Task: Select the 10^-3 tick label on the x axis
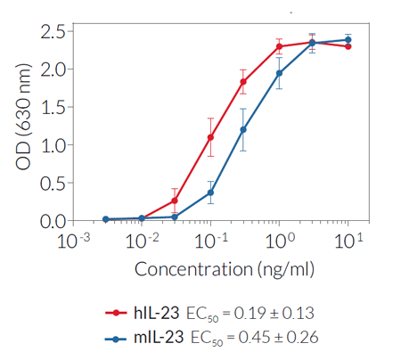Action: pos(72,240)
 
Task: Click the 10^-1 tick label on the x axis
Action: pos(211,240)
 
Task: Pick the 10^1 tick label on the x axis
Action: pos(348,240)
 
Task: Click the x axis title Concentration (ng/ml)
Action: pos(210,268)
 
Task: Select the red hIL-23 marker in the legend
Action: pos(116,313)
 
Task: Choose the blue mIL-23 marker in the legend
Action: pos(116,338)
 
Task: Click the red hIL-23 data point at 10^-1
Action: pos(210,137)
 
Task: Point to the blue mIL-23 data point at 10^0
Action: pos(279,73)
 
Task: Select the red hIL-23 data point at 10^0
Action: pos(279,46)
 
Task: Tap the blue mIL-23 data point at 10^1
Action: pos(348,39)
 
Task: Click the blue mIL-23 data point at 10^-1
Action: pos(210,192)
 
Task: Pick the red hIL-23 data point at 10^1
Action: pos(348,46)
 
